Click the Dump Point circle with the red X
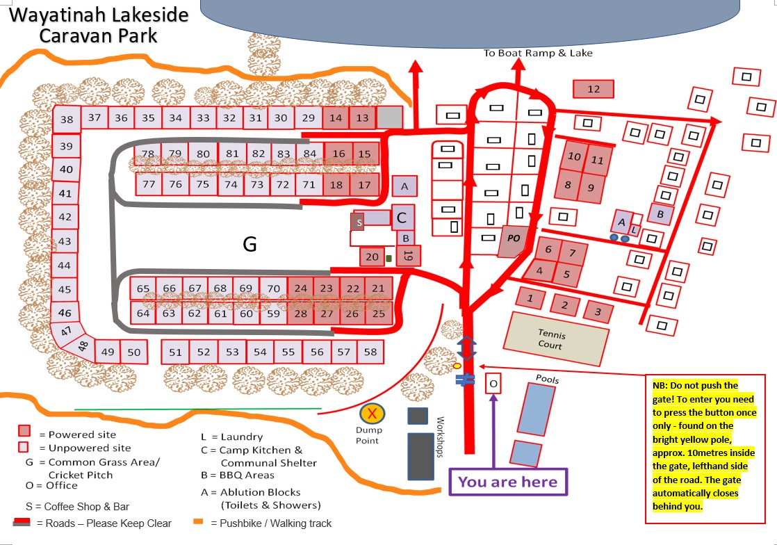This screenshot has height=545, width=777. click(373, 414)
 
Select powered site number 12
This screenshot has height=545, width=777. click(594, 89)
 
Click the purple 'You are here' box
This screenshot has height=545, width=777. click(507, 482)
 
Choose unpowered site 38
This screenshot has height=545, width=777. click(67, 120)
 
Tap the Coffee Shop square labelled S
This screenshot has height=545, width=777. click(359, 222)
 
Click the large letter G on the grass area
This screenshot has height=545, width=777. click(250, 244)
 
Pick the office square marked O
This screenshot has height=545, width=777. click(493, 384)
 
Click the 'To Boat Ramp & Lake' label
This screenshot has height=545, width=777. click(539, 53)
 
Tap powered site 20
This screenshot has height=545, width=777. click(373, 257)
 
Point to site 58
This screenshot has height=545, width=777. click(370, 352)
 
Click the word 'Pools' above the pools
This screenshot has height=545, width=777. click(547, 380)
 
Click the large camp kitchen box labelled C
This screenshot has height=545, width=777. click(402, 218)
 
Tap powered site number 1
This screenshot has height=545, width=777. click(531, 299)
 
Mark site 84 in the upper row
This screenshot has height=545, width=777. click(310, 154)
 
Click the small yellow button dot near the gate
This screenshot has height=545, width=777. click(457, 366)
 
